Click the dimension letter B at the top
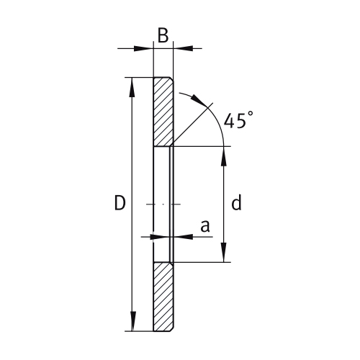point(163,35)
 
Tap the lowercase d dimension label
point(235,204)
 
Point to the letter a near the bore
point(204,226)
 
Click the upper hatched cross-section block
point(163,112)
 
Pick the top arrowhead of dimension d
point(225,154)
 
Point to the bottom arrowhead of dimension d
point(225,255)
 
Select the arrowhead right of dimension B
point(180,48)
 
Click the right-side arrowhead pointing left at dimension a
point(180,235)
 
